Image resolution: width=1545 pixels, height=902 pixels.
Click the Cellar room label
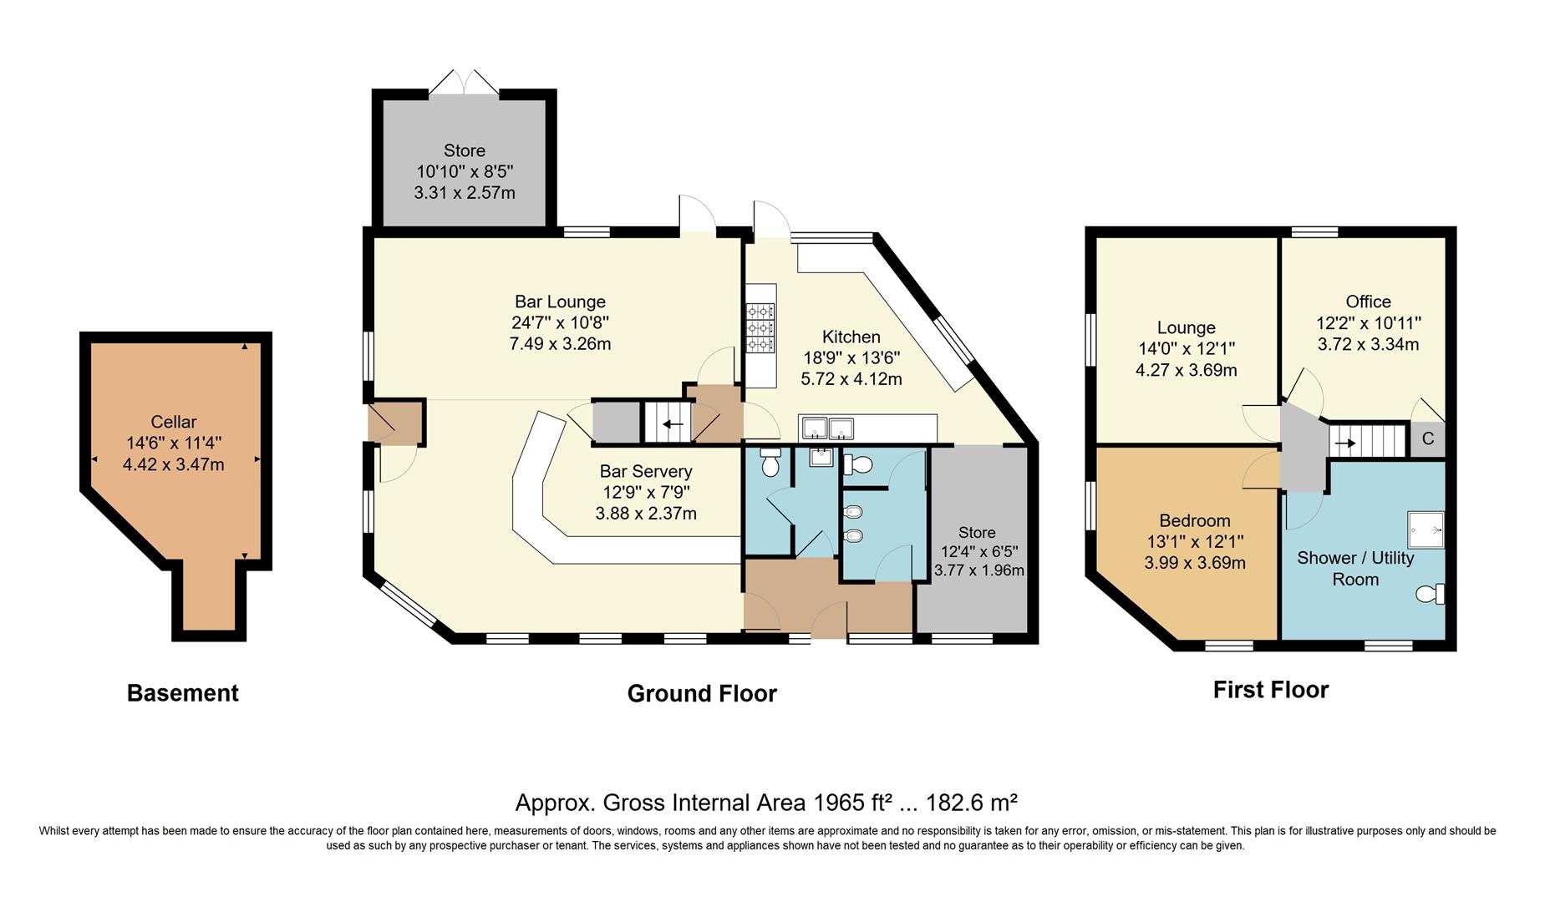pyautogui.click(x=174, y=422)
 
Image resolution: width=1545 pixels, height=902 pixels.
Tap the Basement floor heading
pyautogui.click(x=182, y=693)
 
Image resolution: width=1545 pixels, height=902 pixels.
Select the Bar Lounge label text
pyautogui.click(x=560, y=302)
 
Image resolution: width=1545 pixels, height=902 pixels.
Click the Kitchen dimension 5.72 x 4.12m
pyautogui.click(x=851, y=379)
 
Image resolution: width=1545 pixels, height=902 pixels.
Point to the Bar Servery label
pyautogui.click(x=646, y=471)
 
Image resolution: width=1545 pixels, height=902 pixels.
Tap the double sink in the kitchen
pyautogui.click(x=828, y=428)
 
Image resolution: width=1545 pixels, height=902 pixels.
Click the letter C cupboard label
pyautogui.click(x=1427, y=439)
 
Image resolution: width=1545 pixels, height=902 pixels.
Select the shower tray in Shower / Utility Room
pyautogui.click(x=1426, y=530)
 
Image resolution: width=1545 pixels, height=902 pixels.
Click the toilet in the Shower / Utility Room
pyautogui.click(x=1431, y=594)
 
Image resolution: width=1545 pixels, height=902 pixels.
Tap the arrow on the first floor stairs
pyautogui.click(x=1344, y=443)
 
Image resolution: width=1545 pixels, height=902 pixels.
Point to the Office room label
pyautogui.click(x=1368, y=302)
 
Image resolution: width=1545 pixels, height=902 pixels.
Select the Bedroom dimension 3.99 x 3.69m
pyautogui.click(x=1194, y=563)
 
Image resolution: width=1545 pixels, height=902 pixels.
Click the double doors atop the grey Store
pyautogui.click(x=464, y=83)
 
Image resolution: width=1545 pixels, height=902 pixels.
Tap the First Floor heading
pyautogui.click(x=1270, y=690)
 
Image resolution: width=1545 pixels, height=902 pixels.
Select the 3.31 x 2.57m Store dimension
pyautogui.click(x=464, y=193)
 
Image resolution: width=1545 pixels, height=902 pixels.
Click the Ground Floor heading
pyautogui.click(x=701, y=694)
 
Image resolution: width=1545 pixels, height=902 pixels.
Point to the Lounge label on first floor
pyautogui.click(x=1186, y=327)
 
